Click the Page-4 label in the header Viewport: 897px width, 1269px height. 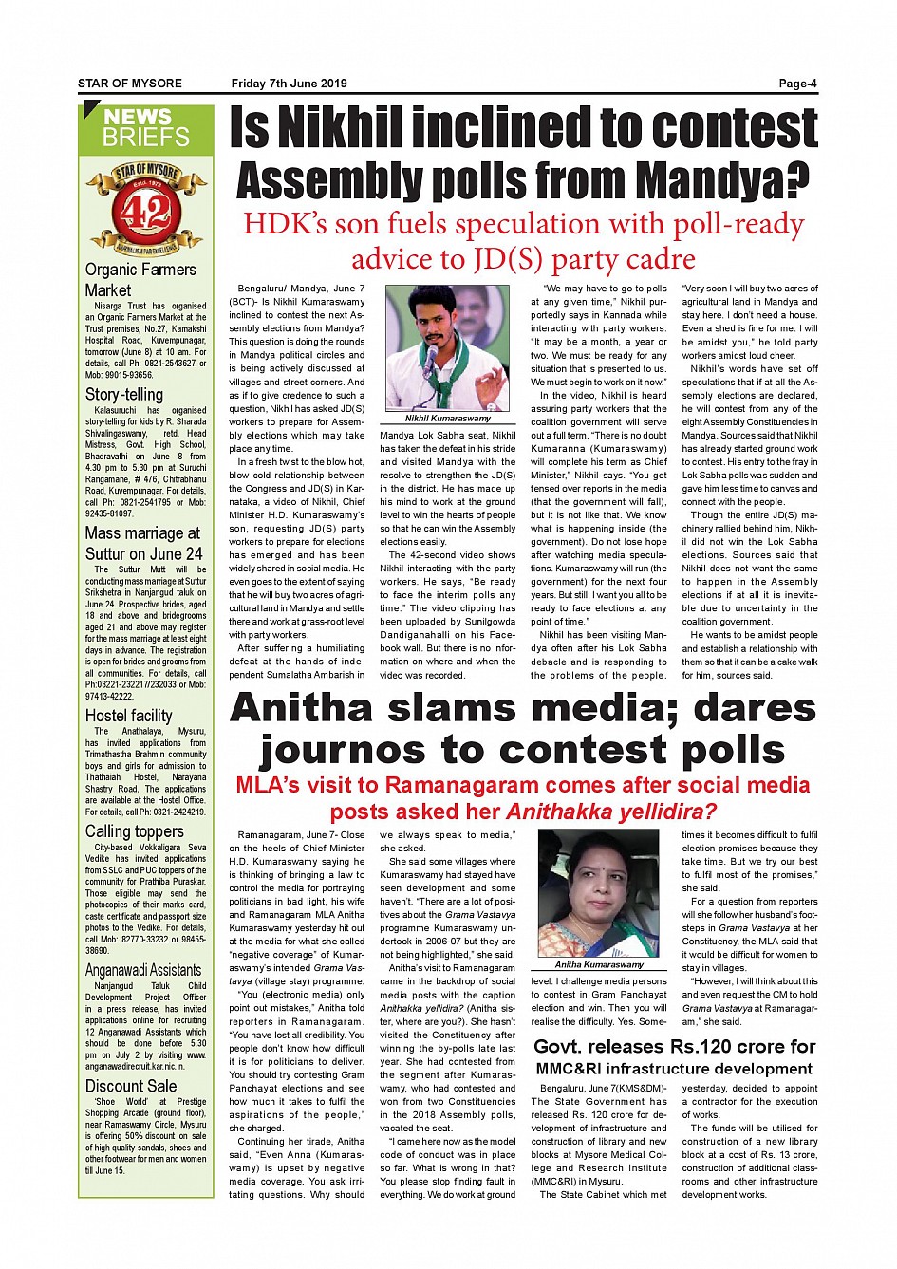797,84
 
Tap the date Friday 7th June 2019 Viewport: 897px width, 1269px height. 289,84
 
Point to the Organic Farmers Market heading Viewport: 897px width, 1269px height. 140,279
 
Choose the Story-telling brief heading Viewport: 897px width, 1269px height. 124,394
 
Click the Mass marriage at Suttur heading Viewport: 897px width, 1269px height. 143,543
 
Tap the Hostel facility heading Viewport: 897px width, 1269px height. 129,716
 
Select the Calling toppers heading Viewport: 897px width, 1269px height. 134,831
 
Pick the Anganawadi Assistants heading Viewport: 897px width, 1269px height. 143,970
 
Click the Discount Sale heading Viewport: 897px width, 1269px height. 131,1086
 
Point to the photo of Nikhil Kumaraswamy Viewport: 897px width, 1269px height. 448,347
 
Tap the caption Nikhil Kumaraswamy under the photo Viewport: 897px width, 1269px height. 448,418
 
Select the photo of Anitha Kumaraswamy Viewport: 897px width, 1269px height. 599,892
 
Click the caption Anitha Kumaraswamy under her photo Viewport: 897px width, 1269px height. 599,964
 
